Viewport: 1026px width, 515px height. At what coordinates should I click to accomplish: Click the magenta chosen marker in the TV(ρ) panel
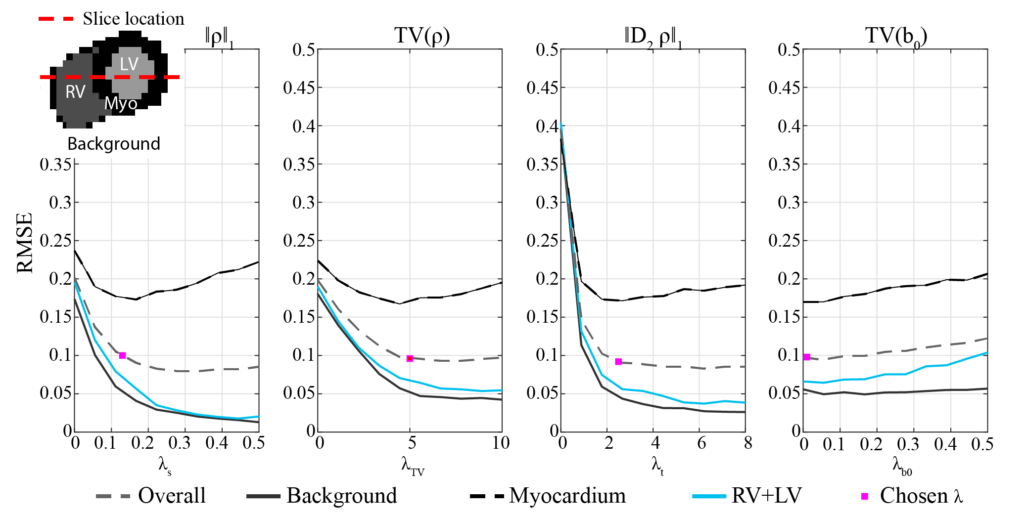click(x=410, y=358)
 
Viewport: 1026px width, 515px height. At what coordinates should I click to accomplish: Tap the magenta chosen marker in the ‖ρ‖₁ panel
click(x=122, y=355)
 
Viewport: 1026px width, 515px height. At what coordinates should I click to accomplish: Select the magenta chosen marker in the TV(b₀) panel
click(x=807, y=357)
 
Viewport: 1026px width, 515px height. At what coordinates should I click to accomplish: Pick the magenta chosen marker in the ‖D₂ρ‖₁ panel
click(x=618, y=362)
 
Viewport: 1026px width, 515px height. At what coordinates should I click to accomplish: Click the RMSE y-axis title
click(x=25, y=243)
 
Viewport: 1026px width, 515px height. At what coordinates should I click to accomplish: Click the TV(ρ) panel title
click(x=422, y=36)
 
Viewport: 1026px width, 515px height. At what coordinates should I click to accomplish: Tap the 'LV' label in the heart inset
click(x=129, y=64)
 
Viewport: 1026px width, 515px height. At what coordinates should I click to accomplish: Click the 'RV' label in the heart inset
click(x=75, y=92)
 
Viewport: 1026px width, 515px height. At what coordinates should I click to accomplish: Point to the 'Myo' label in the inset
click(x=121, y=104)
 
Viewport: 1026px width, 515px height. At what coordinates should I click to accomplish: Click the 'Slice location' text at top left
click(x=133, y=19)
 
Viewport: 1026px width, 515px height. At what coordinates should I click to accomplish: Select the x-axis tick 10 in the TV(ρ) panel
click(x=501, y=443)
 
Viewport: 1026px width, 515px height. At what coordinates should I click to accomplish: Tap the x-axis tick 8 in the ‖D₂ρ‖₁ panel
click(x=747, y=443)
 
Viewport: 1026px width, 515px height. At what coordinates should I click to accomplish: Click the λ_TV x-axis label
click(x=412, y=466)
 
